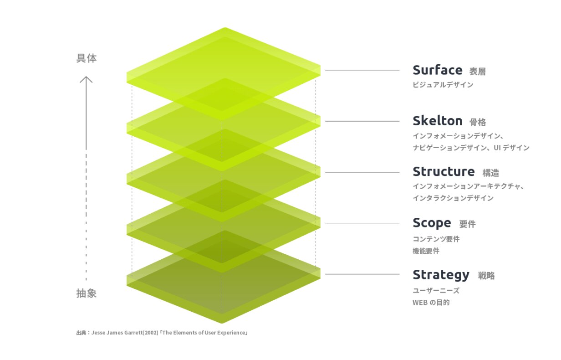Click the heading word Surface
(x=438, y=70)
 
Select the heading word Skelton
(x=438, y=121)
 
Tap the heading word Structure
(x=444, y=172)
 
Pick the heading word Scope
(x=432, y=223)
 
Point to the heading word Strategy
(x=441, y=275)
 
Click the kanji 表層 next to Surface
(x=477, y=72)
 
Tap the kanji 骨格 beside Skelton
(x=478, y=122)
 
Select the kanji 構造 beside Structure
(x=490, y=173)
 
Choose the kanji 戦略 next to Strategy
(x=486, y=276)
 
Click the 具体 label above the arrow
(x=87, y=58)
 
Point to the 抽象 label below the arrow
(x=87, y=293)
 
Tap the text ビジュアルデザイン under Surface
(x=443, y=85)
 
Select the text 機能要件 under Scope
(x=426, y=251)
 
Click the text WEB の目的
(x=431, y=303)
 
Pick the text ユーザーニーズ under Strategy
(x=436, y=291)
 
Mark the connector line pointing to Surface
(x=362, y=70)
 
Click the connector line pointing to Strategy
(x=362, y=274)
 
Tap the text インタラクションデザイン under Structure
(x=453, y=198)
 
